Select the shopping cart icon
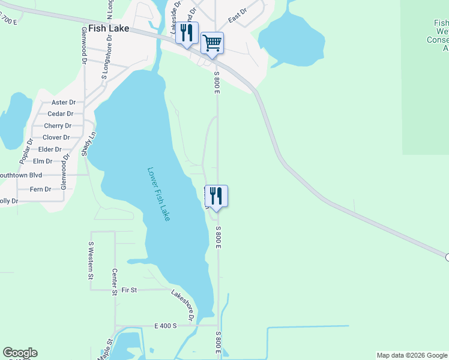tap(212, 43)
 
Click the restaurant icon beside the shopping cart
tap(187, 33)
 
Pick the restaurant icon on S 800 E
tap(216, 196)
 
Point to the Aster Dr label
tap(64, 103)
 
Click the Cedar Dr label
tap(61, 114)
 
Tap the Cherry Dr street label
tap(58, 126)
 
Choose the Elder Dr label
tap(50, 149)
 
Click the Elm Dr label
tap(43, 161)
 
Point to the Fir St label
tap(129, 290)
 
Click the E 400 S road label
tap(166, 326)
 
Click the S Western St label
tap(91, 260)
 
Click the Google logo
tap(20, 353)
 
